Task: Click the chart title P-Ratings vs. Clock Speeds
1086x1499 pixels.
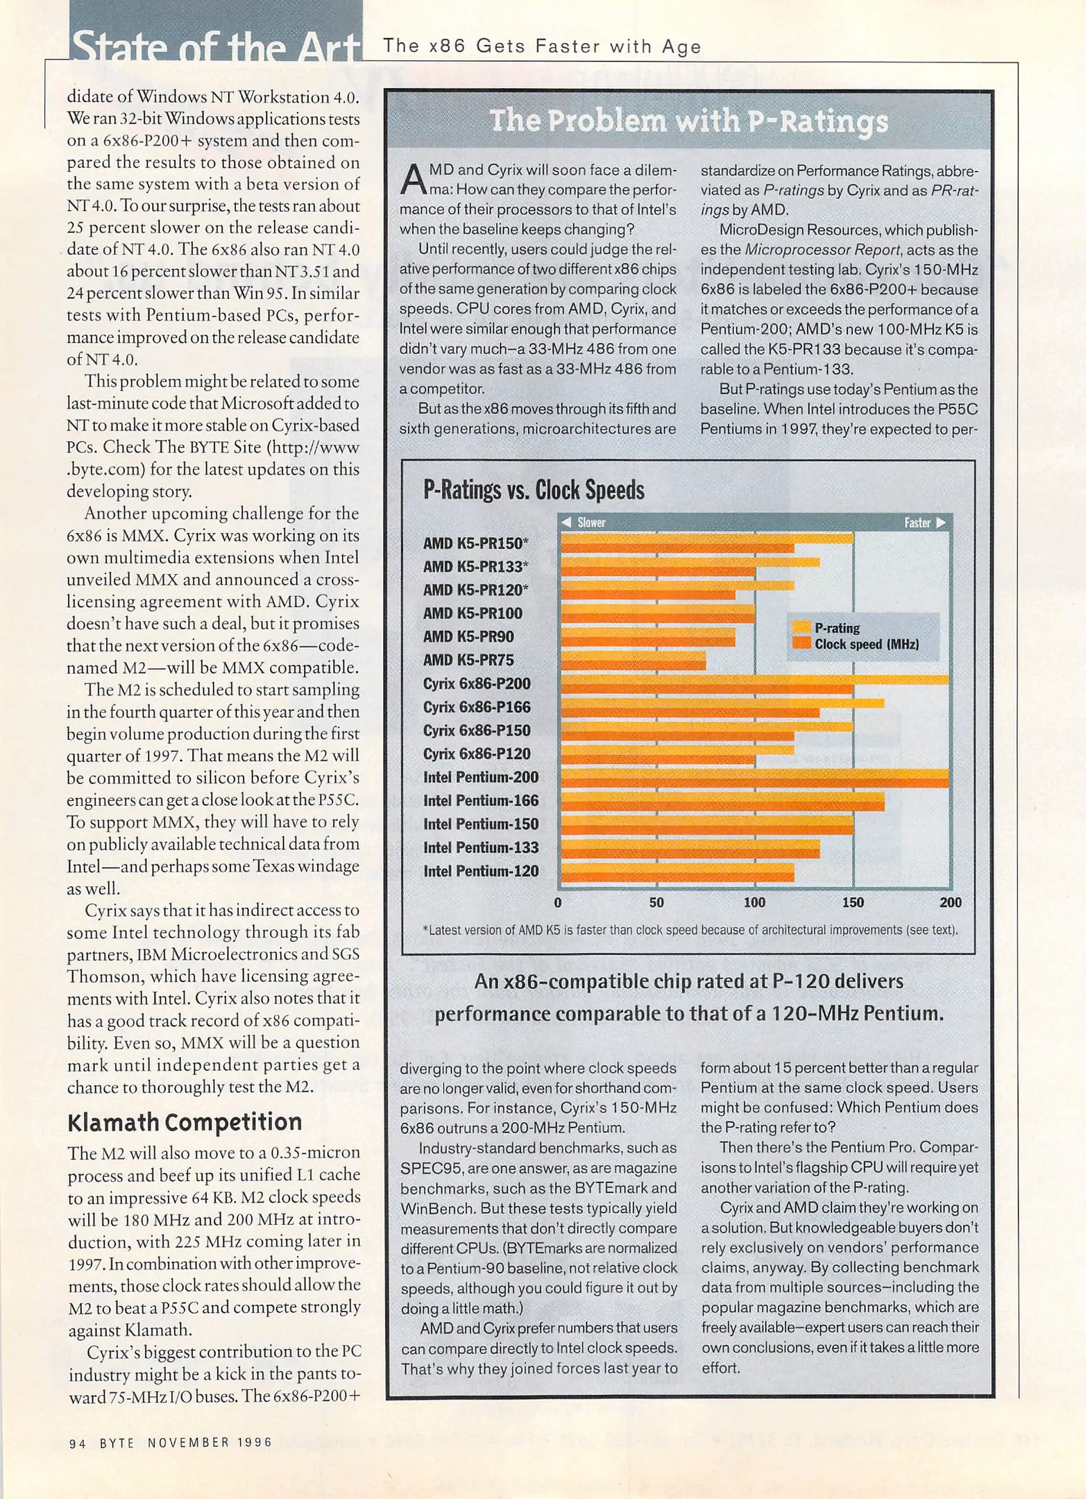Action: click(x=533, y=490)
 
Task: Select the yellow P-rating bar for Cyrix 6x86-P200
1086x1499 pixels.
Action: click(x=754, y=679)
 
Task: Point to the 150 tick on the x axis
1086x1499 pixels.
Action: click(x=853, y=902)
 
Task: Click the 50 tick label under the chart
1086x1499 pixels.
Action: click(x=656, y=902)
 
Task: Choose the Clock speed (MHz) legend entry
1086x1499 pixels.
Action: click(x=866, y=644)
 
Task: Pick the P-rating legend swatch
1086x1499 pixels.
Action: click(x=801, y=627)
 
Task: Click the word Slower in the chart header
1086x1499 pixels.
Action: click(x=591, y=523)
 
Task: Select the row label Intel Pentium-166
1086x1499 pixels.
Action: click(x=481, y=801)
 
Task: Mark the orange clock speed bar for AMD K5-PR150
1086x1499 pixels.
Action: click(x=677, y=548)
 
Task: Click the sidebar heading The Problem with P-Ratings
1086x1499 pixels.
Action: click(x=688, y=121)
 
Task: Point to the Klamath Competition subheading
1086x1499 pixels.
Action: click(x=185, y=1122)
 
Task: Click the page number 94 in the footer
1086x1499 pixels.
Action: click(x=77, y=1443)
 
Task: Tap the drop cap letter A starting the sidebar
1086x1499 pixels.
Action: click(x=413, y=180)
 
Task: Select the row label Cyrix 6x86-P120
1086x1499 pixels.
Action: click(x=477, y=754)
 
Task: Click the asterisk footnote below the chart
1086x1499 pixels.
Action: click(x=690, y=930)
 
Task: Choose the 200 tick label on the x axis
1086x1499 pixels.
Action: click(x=950, y=902)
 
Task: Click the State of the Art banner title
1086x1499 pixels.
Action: click(x=215, y=46)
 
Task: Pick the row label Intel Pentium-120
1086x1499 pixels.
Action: click(x=481, y=871)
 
